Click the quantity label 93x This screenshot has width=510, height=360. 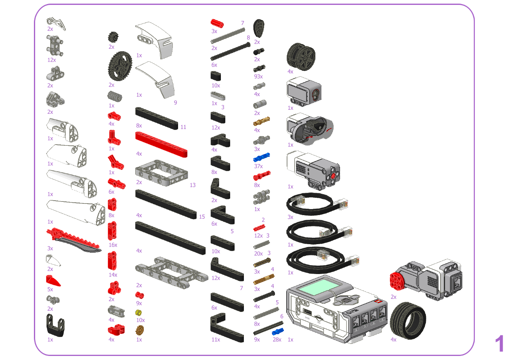coord(258,76)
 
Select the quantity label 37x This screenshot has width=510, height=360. coord(258,166)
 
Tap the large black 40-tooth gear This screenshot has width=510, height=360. coord(120,66)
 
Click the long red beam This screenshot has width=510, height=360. coord(161,144)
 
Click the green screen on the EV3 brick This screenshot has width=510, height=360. coord(321,287)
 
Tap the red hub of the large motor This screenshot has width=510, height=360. coord(397,280)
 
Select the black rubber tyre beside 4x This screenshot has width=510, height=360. coord(408,320)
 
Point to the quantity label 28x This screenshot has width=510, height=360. coord(277,340)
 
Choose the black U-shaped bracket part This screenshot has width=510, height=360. coord(56,325)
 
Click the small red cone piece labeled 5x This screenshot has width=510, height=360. coord(53,281)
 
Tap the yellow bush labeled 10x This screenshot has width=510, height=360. coord(139,313)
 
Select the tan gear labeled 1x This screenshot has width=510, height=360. coord(140,330)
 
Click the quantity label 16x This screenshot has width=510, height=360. coord(113,245)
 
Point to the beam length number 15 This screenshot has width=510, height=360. coord(202,217)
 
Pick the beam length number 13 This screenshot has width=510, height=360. coord(193,185)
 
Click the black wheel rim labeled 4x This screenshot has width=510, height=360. coord(301,57)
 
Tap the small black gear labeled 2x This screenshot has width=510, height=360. coord(113,37)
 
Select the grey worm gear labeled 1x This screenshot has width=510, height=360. coord(115,96)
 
